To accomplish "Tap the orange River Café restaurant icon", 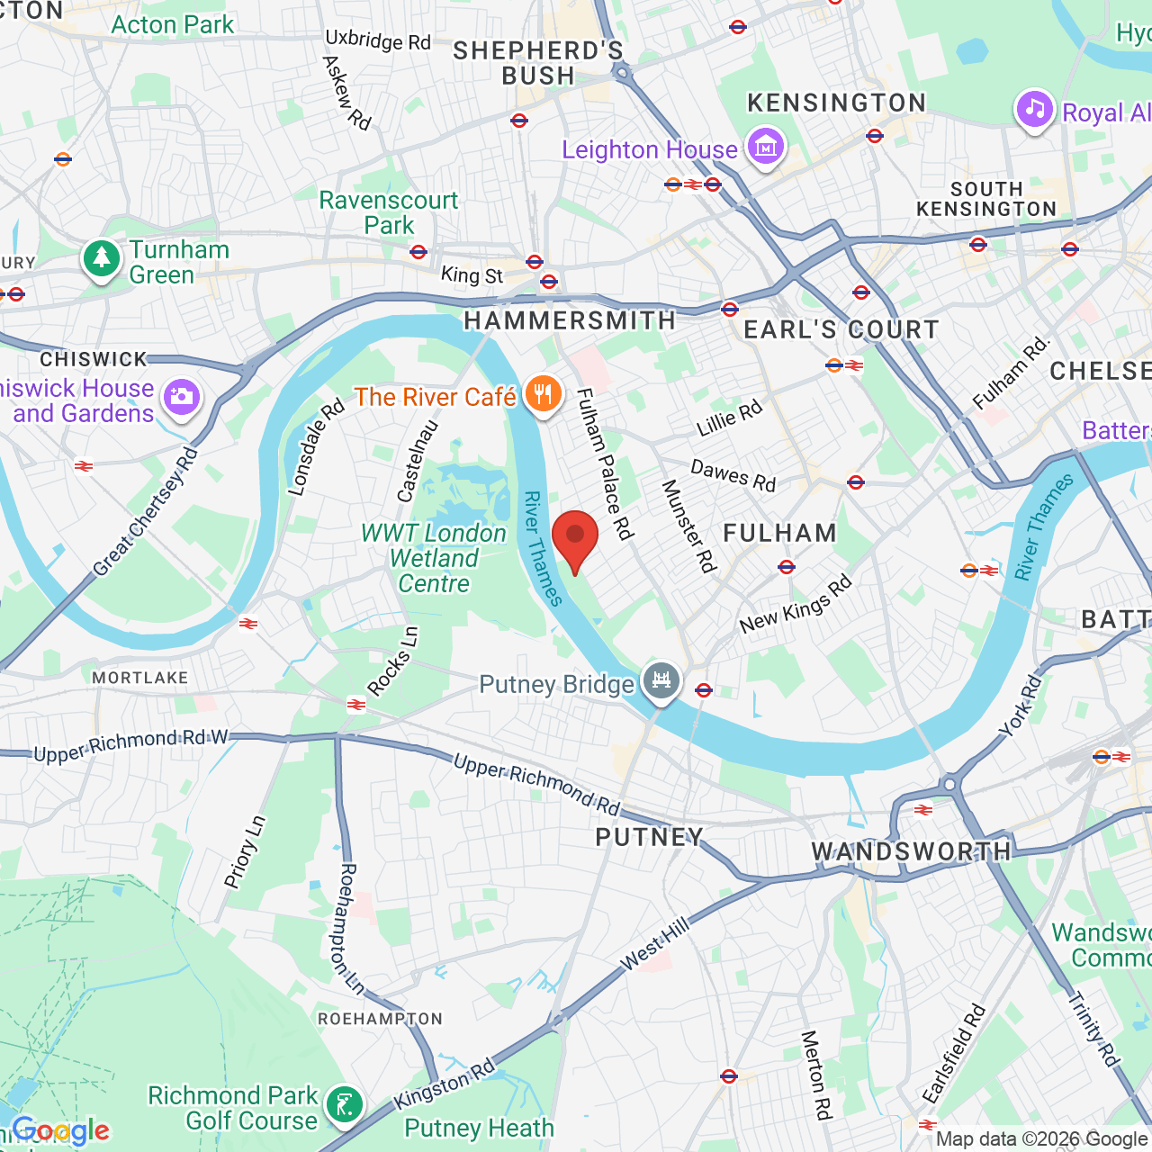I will click(x=543, y=395).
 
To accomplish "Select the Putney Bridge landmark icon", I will click(x=661, y=681).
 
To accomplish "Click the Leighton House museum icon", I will click(x=766, y=146).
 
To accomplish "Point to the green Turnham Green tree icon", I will click(x=102, y=259).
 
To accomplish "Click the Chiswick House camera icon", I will click(x=182, y=398).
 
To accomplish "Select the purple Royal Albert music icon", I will click(x=1035, y=110).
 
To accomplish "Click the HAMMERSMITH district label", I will click(x=569, y=320).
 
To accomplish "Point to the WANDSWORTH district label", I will click(x=911, y=851).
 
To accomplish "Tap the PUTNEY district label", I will click(x=649, y=837).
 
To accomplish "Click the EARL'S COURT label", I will click(x=841, y=330).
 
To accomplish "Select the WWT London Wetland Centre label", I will click(x=434, y=558).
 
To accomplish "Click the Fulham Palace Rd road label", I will click(x=605, y=463).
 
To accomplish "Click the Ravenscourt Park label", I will click(x=389, y=212).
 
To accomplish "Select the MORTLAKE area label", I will click(x=140, y=678).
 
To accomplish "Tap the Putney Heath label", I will click(x=479, y=1128).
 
